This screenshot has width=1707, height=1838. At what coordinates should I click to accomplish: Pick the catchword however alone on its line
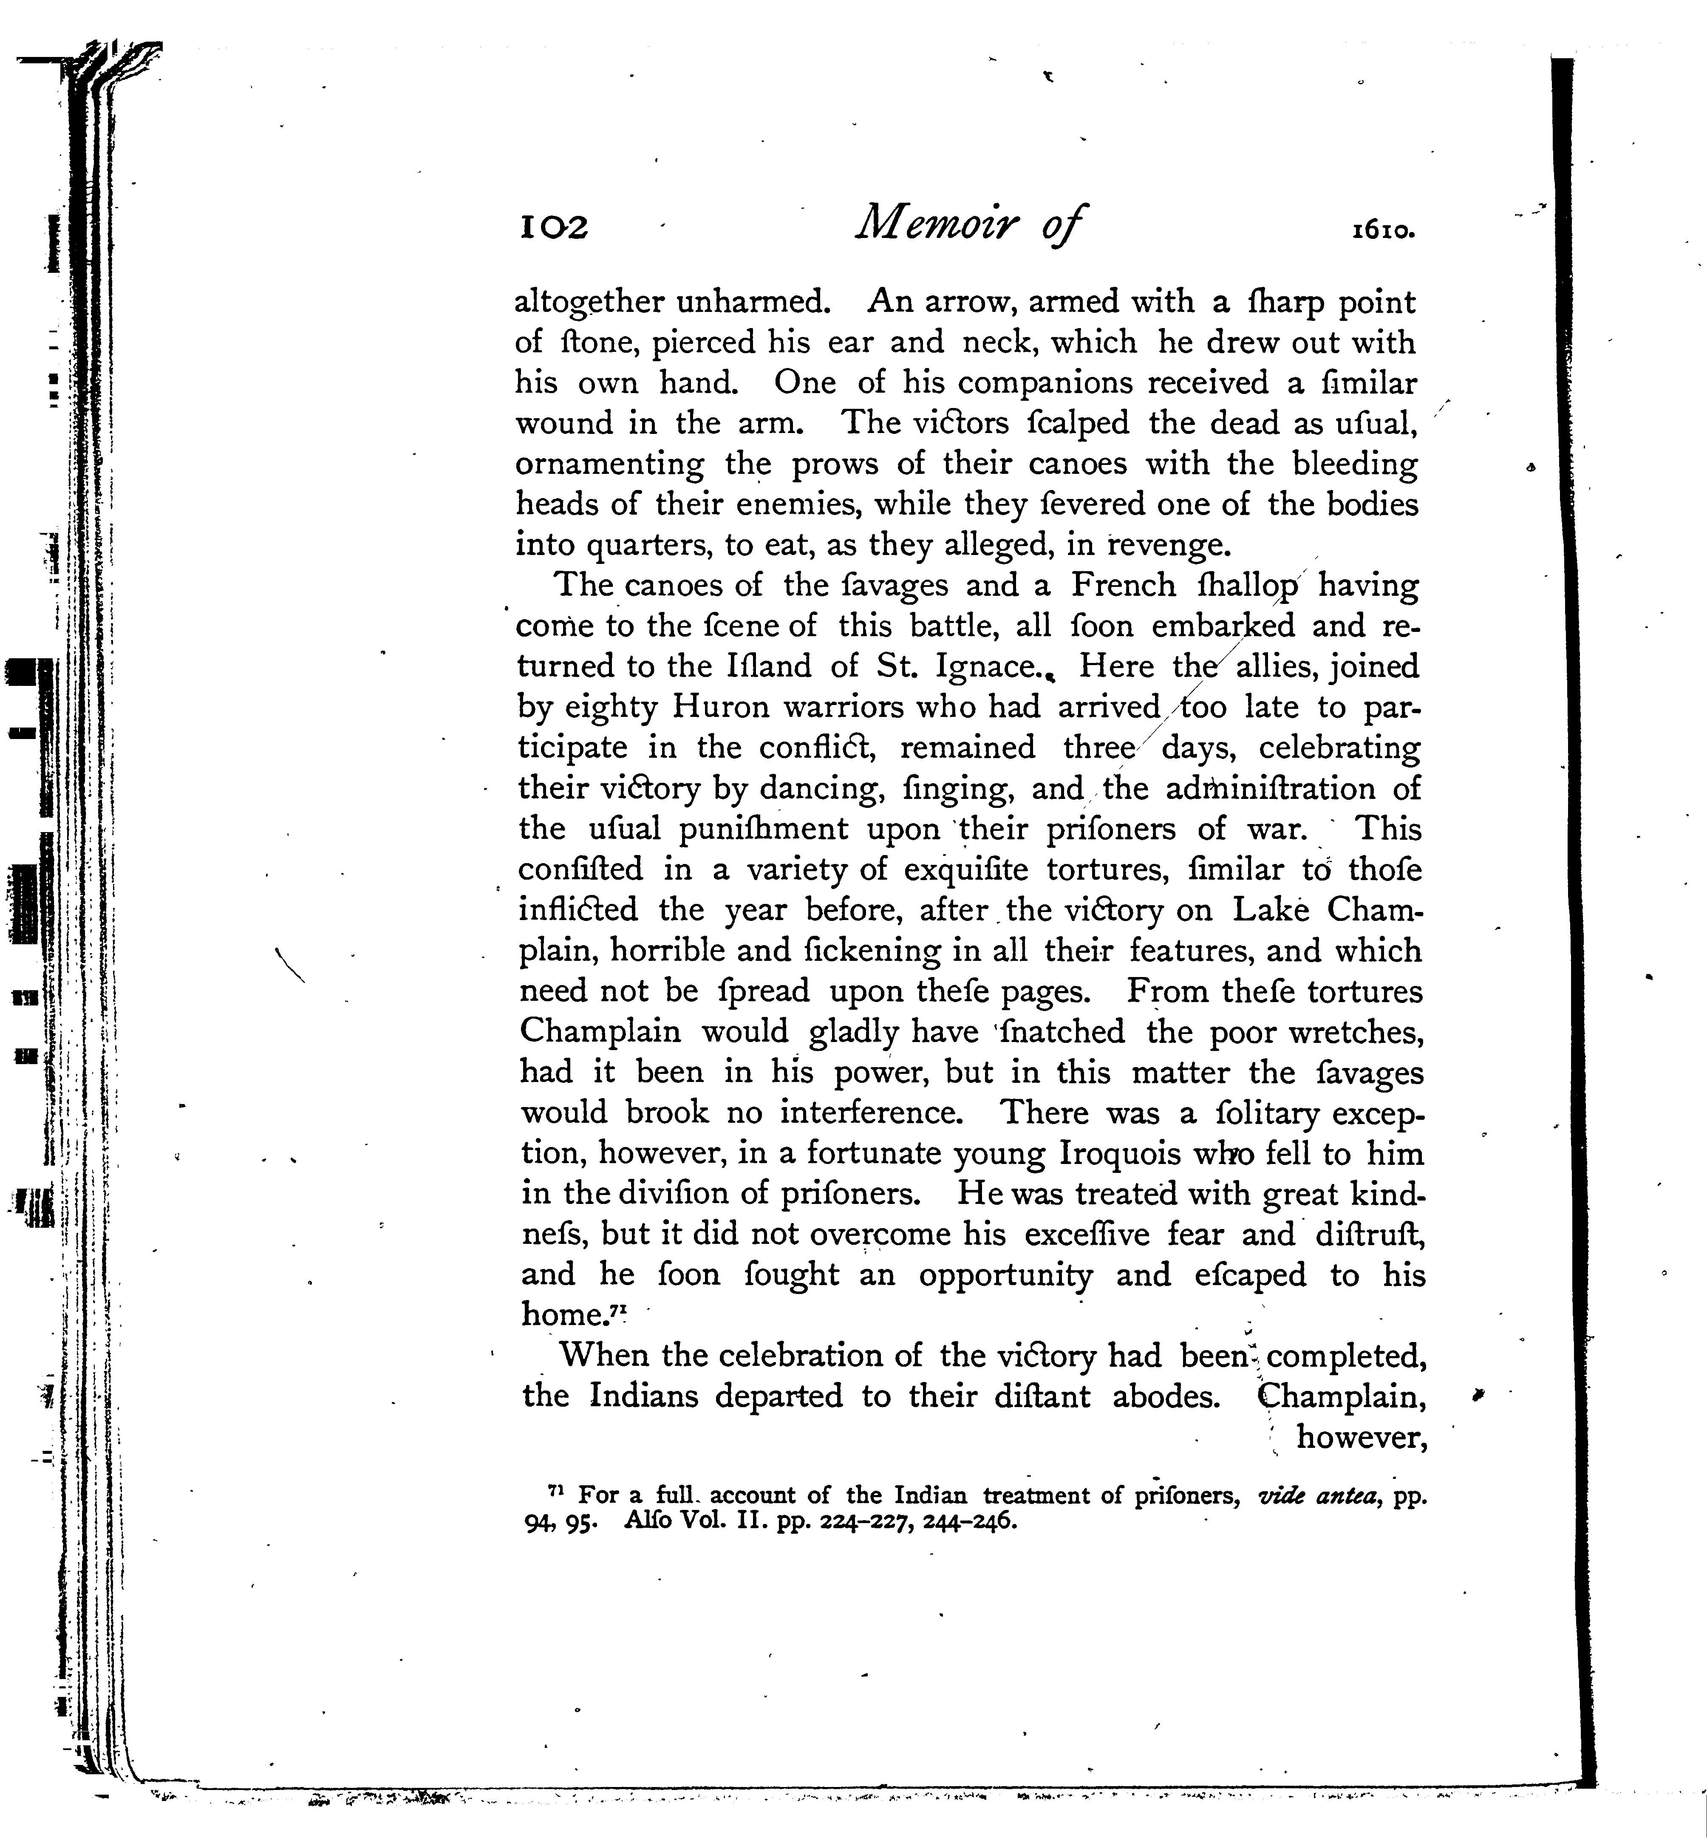coord(1362,1437)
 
